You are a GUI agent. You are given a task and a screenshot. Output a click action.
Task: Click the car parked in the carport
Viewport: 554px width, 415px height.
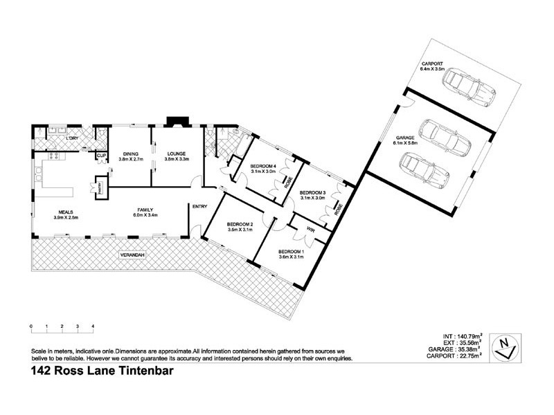click(469, 87)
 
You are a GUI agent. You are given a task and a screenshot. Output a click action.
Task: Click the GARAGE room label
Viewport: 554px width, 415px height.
click(405, 138)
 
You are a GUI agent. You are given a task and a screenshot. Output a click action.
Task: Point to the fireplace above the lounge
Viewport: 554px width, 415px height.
click(179, 122)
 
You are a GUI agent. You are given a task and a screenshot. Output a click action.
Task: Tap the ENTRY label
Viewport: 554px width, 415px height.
click(200, 206)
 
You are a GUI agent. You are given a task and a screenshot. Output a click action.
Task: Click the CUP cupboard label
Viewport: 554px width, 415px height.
click(101, 156)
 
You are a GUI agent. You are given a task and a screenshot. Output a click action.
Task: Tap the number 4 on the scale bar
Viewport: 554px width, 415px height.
click(93, 326)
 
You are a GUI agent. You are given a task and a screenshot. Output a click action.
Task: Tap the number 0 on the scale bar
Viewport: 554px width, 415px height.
click(31, 326)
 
